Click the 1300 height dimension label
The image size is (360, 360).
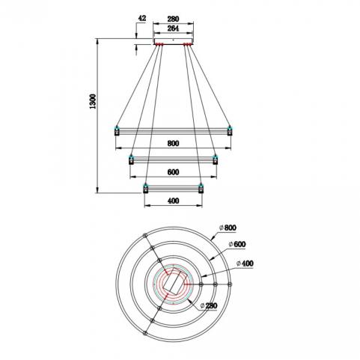(x=93, y=101)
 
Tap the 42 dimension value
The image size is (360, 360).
(x=141, y=18)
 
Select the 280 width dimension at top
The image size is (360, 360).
(x=173, y=19)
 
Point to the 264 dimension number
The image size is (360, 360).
(x=173, y=28)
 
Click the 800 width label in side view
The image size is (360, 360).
(x=173, y=143)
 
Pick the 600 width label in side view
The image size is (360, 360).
(x=173, y=172)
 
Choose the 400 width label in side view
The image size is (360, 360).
(x=173, y=201)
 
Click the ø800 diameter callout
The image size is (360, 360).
(x=228, y=228)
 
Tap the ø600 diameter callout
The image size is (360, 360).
(x=237, y=244)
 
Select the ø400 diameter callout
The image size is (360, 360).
(x=245, y=263)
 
